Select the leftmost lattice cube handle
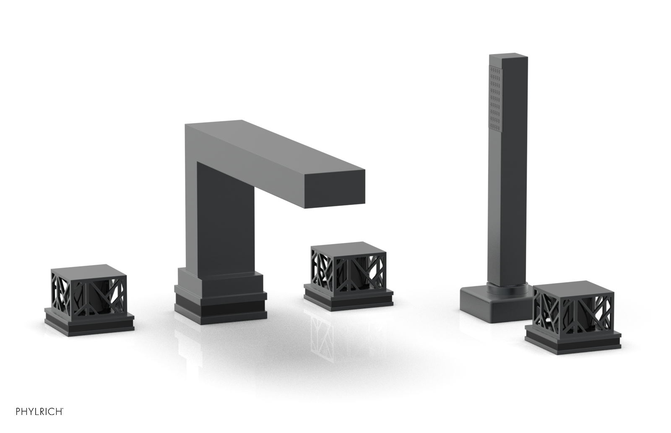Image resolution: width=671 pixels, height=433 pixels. click(89, 291)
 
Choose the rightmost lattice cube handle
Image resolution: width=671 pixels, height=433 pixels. click(572, 309)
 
